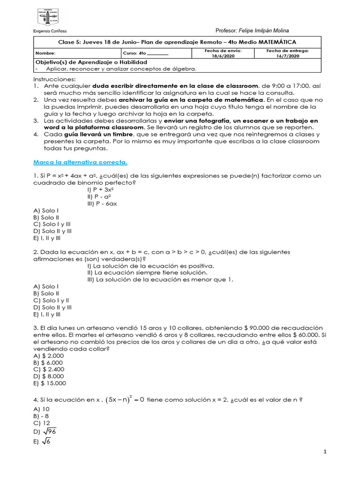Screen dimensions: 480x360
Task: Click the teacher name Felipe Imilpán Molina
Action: [265, 30]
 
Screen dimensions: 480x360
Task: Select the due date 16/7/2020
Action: [287, 55]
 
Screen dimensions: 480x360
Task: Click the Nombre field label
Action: [45, 53]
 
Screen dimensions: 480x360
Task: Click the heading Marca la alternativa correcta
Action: [80, 162]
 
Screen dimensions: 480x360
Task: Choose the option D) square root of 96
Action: [45, 431]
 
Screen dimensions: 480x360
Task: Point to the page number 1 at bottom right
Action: [324, 451]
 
